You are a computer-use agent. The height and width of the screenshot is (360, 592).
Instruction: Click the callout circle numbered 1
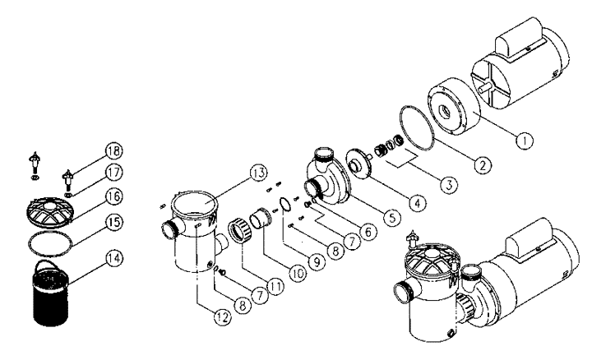[524, 141]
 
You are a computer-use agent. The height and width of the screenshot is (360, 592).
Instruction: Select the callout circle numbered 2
[483, 165]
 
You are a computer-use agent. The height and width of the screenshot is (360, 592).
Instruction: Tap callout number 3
[449, 185]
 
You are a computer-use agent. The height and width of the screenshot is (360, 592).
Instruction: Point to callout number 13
[259, 173]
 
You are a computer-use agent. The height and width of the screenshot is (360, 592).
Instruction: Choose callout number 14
[114, 258]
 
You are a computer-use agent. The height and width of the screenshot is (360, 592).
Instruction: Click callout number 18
[114, 151]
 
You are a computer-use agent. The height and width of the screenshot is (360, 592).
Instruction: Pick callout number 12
[222, 317]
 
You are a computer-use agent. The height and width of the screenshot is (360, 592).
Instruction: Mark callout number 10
[298, 273]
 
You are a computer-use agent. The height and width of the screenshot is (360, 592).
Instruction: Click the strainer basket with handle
[50, 292]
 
